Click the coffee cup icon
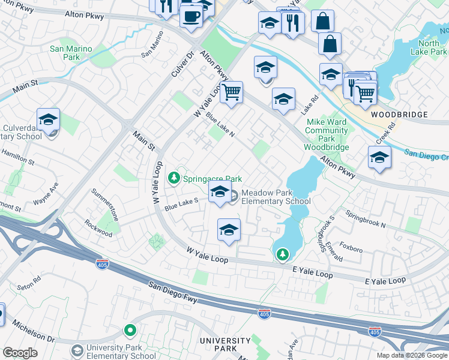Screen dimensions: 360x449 point(191,16)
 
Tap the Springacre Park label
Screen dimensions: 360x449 point(212,179)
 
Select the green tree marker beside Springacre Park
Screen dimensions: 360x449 point(174,178)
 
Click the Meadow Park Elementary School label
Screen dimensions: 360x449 point(276,197)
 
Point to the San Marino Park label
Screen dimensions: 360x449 point(71,53)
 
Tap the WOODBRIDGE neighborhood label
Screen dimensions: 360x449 point(399,115)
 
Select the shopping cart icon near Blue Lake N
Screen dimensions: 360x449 point(231,92)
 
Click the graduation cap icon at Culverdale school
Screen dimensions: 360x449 point(48,120)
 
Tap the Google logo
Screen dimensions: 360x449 point(20,353)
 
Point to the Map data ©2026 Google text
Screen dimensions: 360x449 point(411,355)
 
